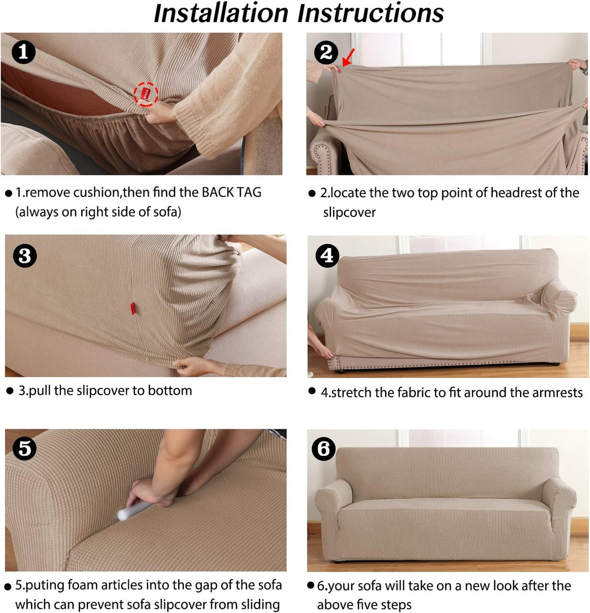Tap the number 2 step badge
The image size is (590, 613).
coord(326,52)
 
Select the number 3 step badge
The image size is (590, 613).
coord(25,256)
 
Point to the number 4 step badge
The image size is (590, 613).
coord(328,255)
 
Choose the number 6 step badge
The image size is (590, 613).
coord(323,449)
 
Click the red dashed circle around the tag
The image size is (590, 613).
coord(146,95)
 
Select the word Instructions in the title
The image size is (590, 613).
coord(374,14)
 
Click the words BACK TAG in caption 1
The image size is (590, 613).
coord(232,192)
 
